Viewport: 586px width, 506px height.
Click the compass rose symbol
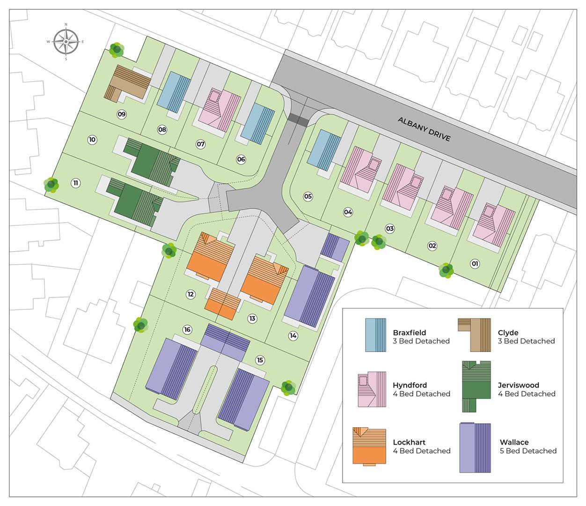click(66, 41)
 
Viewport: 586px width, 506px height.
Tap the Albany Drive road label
click(424, 129)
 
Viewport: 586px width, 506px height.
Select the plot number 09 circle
click(122, 114)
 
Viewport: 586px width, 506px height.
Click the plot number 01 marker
click(475, 264)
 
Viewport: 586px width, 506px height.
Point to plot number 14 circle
click(293, 335)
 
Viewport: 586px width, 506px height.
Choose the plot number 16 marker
click(188, 330)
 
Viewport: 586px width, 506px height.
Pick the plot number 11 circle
click(75, 183)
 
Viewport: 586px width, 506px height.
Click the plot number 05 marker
click(308, 196)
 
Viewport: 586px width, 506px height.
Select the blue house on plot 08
click(174, 91)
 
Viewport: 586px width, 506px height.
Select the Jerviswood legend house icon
click(476, 385)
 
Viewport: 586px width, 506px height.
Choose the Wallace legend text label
click(514, 442)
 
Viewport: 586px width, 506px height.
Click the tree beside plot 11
click(51, 185)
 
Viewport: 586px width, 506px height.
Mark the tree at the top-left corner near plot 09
click(117, 49)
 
